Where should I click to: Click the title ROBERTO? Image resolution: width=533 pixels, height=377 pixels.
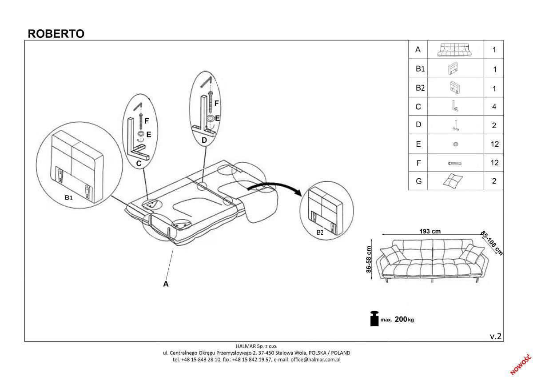(x=56, y=34)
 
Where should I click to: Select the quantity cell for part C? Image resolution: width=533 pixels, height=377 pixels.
(x=494, y=107)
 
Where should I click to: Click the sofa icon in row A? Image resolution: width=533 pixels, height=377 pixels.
(x=455, y=50)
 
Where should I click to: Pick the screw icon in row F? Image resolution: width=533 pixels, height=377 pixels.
(x=455, y=163)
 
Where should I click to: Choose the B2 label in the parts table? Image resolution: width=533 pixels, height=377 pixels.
(x=420, y=88)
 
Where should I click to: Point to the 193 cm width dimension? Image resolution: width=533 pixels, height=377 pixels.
(x=430, y=231)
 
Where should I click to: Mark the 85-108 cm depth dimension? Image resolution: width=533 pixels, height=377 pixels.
(x=492, y=243)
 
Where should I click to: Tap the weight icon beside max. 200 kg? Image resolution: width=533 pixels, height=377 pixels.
(x=374, y=318)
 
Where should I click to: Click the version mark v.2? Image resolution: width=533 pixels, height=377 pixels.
(x=496, y=336)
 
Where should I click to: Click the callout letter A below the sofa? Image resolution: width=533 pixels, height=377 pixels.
(x=166, y=284)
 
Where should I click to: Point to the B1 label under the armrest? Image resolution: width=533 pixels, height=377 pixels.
(x=68, y=198)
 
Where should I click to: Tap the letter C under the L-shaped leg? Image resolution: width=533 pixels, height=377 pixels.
(x=139, y=164)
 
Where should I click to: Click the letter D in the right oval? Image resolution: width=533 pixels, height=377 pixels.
(x=204, y=140)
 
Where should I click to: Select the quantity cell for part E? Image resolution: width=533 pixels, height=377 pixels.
(x=494, y=144)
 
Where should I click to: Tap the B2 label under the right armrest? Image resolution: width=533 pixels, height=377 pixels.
(x=320, y=232)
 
